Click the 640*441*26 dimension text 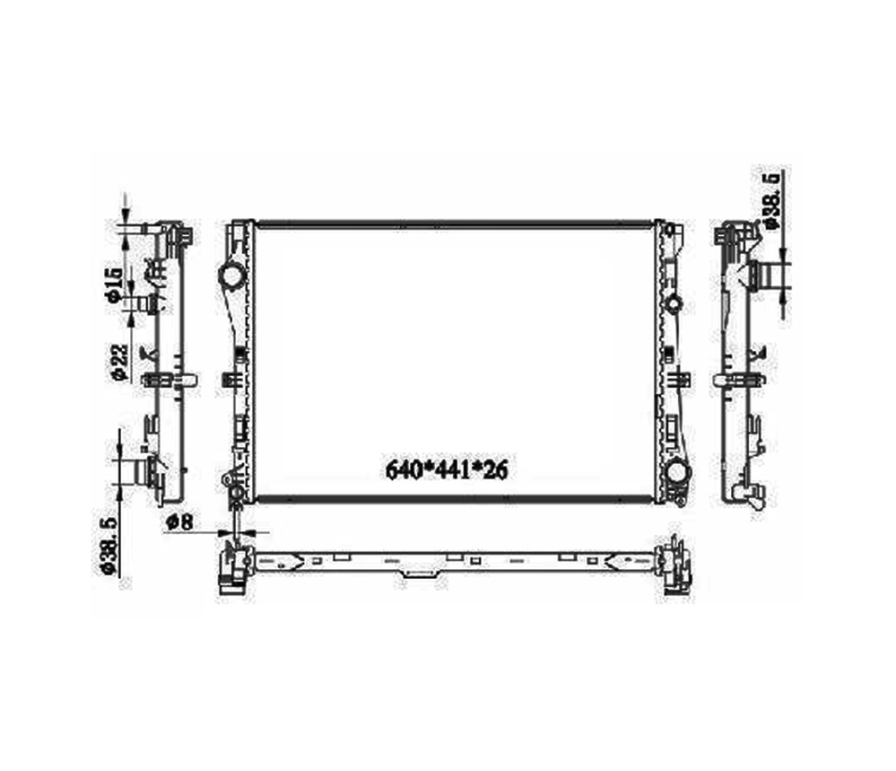[x=447, y=470]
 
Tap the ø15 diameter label [x=113, y=283]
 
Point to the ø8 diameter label [x=180, y=521]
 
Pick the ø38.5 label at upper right [x=771, y=200]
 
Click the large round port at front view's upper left [x=232, y=276]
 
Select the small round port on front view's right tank [x=674, y=302]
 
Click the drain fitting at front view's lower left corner [x=235, y=492]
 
